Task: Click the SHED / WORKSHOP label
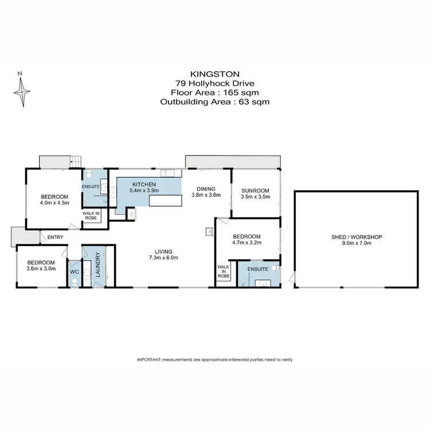tap(358, 237)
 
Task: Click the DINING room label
tap(206, 188)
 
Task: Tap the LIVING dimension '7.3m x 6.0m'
tap(163, 258)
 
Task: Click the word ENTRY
tap(56, 237)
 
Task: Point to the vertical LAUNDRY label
tap(98, 266)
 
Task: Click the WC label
tap(73, 272)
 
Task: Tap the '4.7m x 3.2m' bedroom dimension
tap(247, 244)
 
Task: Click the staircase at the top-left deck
tap(76, 162)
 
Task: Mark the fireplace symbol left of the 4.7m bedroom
tap(209, 232)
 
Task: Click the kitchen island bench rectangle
tap(166, 201)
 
